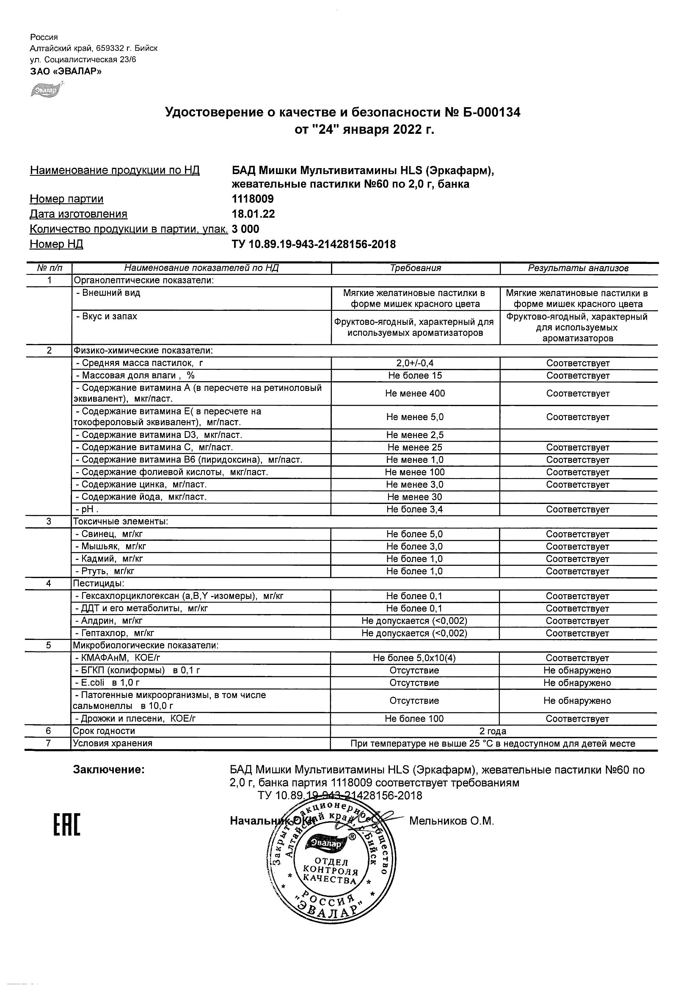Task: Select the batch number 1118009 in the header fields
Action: [x=253, y=199]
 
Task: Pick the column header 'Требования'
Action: [x=415, y=268]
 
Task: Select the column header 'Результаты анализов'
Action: [x=578, y=268]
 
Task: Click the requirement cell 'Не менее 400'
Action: [x=415, y=393]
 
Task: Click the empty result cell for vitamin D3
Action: [x=578, y=435]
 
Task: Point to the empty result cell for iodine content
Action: [x=578, y=497]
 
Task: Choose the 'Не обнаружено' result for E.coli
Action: [x=577, y=683]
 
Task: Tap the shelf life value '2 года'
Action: [x=493, y=731]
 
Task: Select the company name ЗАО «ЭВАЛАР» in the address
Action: [x=66, y=72]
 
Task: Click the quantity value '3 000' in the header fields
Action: [x=245, y=229]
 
